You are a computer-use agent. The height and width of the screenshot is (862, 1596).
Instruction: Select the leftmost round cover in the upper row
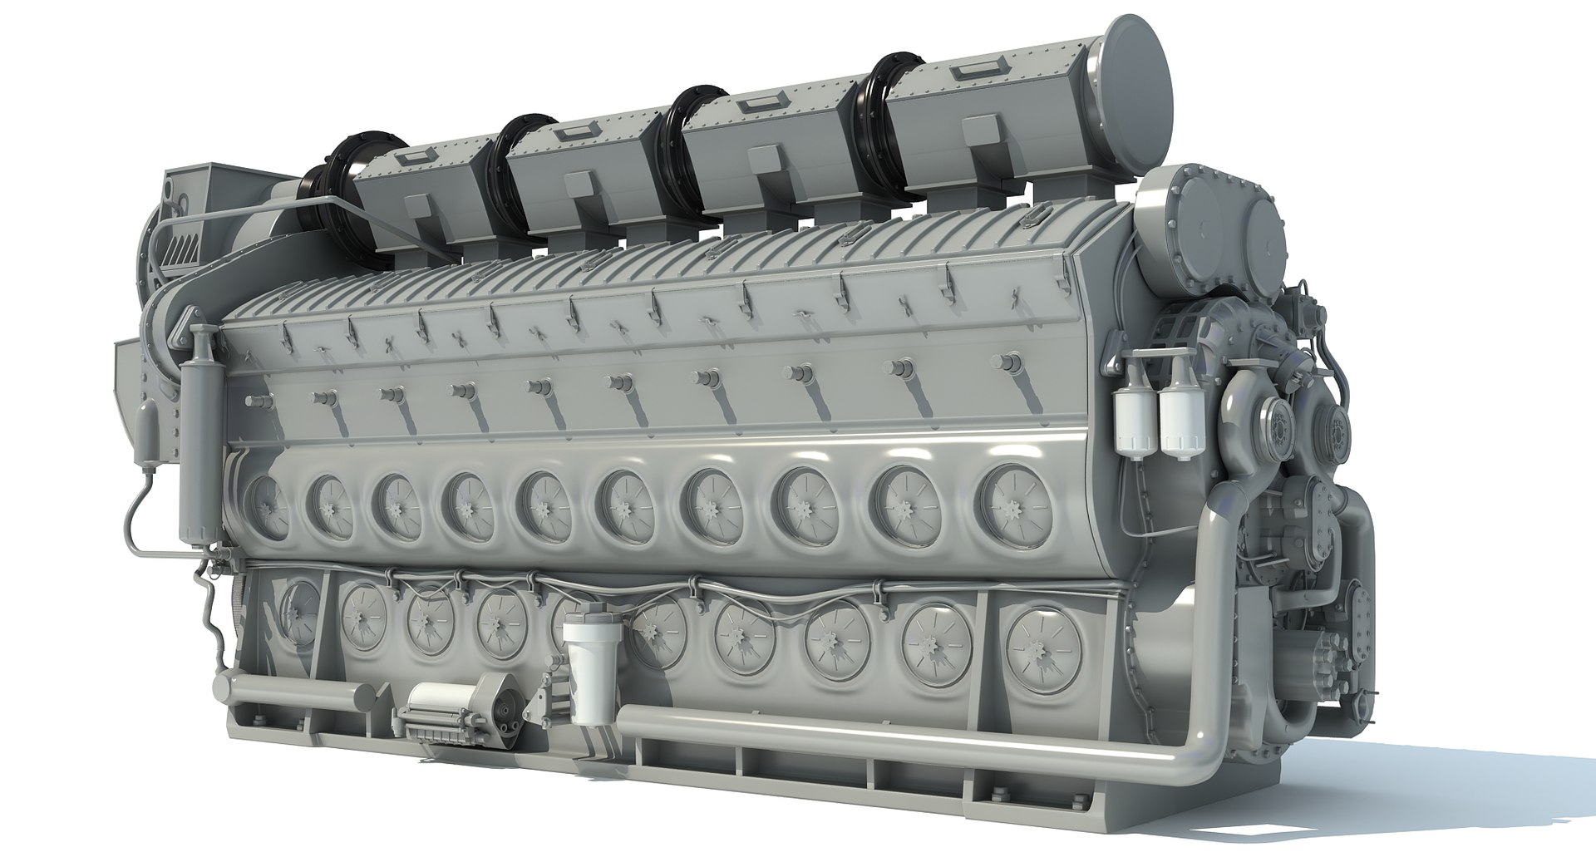click(263, 507)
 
